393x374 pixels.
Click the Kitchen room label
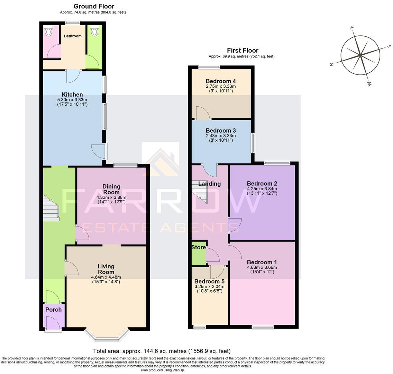[72, 95]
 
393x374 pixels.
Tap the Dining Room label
[111, 189]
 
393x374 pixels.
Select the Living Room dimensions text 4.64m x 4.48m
[106, 277]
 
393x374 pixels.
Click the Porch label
[54, 310]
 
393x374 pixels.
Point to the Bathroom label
[73, 36]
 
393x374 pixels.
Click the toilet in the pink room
[48, 32]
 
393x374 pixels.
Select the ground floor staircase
[51, 208]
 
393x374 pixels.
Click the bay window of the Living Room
[107, 334]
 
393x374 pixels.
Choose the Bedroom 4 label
[221, 81]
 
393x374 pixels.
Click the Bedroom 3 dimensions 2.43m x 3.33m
[221, 135]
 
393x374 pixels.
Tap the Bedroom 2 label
[262, 184]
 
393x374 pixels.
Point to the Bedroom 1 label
[262, 262]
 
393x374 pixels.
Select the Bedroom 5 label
[209, 281]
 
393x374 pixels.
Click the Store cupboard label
[199, 247]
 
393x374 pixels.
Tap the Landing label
[209, 184]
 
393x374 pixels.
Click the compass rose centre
[360, 55]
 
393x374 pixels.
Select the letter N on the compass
[331, 64]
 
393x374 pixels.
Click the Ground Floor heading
[94, 6]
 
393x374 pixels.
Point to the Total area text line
[162, 351]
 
